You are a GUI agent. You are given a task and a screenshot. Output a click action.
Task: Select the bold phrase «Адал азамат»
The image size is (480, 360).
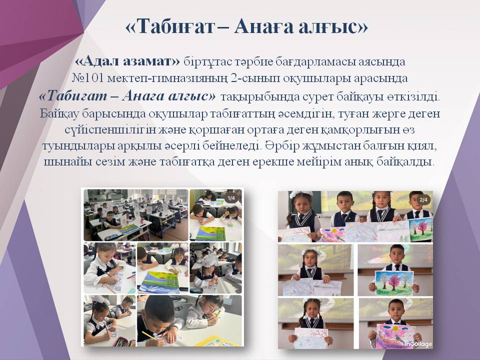(x=127, y=62)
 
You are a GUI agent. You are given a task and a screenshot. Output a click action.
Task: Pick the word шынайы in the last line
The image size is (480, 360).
(x=71, y=162)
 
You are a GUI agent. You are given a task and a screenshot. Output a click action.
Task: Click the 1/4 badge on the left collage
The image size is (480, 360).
(x=231, y=198)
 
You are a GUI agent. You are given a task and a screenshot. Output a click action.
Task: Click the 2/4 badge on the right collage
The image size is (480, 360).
(x=424, y=200)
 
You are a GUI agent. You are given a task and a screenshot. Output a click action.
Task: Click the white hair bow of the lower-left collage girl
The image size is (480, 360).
(x=100, y=300)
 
